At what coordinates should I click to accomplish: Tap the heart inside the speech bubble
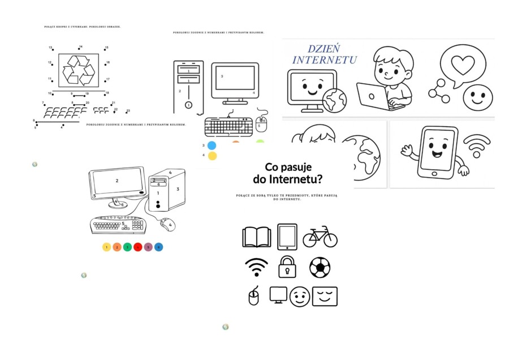(463, 65)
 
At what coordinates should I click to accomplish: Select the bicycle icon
(320, 237)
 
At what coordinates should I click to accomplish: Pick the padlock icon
(287, 266)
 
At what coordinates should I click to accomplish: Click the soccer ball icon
(320, 267)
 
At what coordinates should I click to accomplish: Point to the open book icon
(256, 237)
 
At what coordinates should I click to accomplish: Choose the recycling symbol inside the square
(79, 70)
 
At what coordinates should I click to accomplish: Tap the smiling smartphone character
(437, 151)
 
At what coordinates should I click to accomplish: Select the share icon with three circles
(439, 91)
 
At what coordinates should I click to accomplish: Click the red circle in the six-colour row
(138, 247)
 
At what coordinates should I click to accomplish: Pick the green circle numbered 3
(127, 247)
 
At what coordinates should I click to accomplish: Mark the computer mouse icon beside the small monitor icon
(253, 296)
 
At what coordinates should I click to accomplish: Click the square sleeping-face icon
(324, 296)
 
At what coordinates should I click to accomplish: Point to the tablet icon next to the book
(287, 237)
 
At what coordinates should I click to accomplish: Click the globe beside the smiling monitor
(333, 100)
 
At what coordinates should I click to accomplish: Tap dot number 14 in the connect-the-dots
(80, 49)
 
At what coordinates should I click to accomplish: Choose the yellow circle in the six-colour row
(106, 247)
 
